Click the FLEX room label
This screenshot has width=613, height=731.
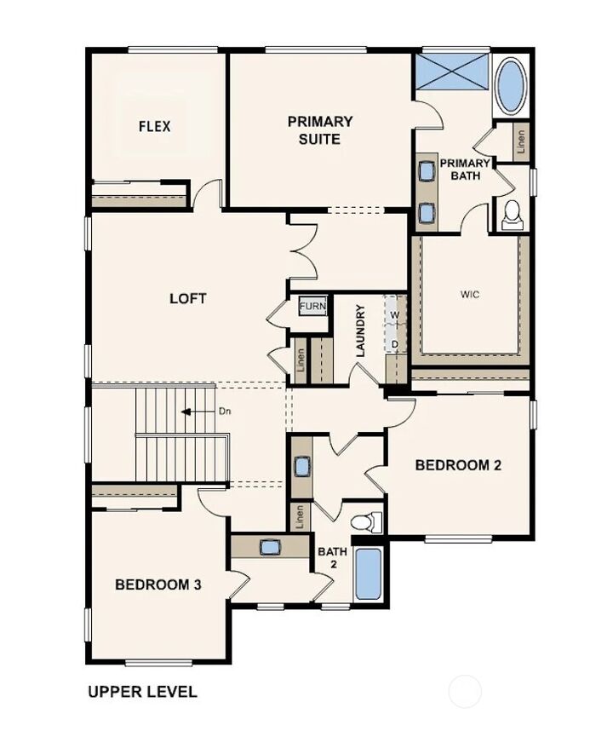coord(155,126)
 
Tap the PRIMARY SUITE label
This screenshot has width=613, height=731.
coord(320,130)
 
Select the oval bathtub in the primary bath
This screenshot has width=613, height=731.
coord(510,86)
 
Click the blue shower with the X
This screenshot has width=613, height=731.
coord(451,71)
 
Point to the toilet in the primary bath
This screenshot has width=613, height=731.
coord(513,215)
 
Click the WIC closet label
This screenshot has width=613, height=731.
coord(469,294)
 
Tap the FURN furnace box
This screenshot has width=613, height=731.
coord(312,307)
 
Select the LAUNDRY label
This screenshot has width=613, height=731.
coord(360,331)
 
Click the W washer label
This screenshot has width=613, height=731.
coord(395,314)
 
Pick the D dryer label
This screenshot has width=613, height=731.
coord(395,344)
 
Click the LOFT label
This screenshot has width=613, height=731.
coord(187,298)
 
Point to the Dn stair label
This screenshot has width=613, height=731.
coord(225,412)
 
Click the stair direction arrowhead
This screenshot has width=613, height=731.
coord(186,412)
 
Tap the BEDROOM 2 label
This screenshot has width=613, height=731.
coord(458,465)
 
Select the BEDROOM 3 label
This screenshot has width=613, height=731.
coord(158,584)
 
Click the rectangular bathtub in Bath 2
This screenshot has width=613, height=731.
coord(369,574)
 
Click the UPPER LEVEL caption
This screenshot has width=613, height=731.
coord(142,691)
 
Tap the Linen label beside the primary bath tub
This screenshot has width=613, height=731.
coord(521,141)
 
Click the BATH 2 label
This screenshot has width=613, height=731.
coord(333,557)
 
